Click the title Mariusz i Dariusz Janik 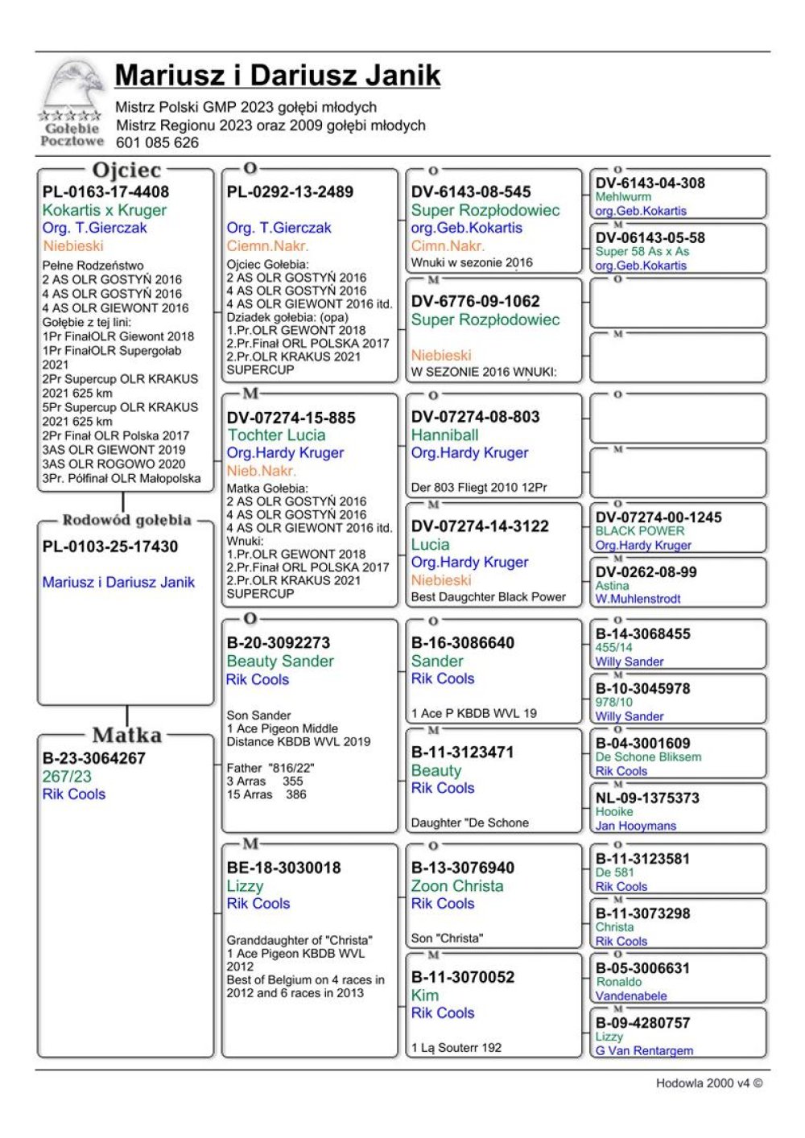[278, 75]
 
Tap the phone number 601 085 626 [157, 142]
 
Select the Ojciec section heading [126, 171]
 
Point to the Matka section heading [126, 735]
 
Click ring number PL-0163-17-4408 [105, 192]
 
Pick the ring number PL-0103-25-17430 [110, 546]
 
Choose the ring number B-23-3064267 [94, 758]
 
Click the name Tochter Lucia [276, 435]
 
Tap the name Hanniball [444, 435]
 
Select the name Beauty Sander [280, 662]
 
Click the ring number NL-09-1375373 [647, 798]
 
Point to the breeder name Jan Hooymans [635, 826]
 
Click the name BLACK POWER [640, 531]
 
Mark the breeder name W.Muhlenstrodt [638, 599]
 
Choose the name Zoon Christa [456, 886]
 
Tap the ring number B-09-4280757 [642, 1023]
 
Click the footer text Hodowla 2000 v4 [708, 1083]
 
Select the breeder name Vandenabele [631, 996]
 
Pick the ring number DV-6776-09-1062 [475, 301]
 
